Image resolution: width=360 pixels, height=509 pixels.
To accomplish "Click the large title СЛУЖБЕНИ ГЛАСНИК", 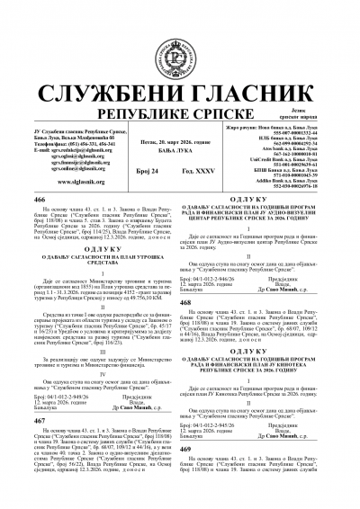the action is [180, 56].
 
